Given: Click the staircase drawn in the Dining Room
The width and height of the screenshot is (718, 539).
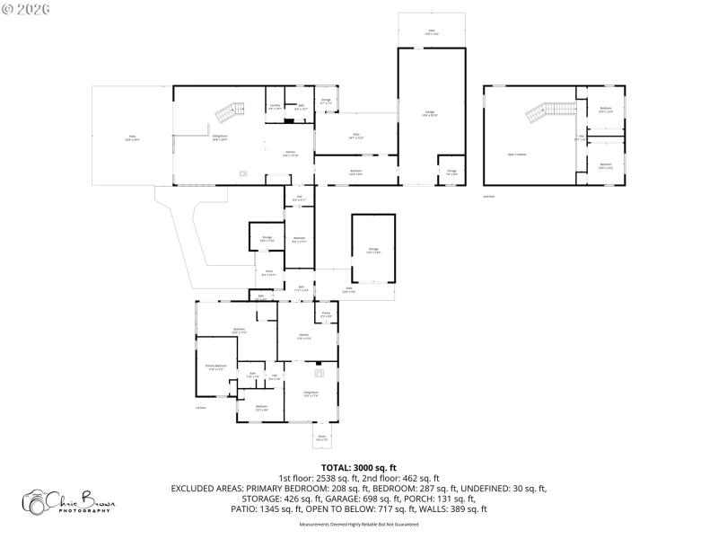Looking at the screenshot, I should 229,112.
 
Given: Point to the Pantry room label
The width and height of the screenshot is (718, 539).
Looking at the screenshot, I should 327,315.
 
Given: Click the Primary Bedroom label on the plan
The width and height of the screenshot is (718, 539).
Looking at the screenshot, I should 215,367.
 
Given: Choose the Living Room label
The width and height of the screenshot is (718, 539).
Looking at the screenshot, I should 311,393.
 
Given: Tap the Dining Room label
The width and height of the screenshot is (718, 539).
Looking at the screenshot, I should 219,138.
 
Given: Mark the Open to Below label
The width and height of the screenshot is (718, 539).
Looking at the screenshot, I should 517,154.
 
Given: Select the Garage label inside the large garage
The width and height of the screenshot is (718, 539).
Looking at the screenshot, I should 430,113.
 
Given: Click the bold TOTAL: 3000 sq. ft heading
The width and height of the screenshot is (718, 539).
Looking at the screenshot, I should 359,467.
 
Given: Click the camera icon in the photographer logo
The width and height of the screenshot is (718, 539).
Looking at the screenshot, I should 36,500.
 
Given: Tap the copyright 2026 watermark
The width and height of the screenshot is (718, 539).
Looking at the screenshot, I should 27,9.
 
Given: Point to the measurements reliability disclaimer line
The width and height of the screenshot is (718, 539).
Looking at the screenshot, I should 359,523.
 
